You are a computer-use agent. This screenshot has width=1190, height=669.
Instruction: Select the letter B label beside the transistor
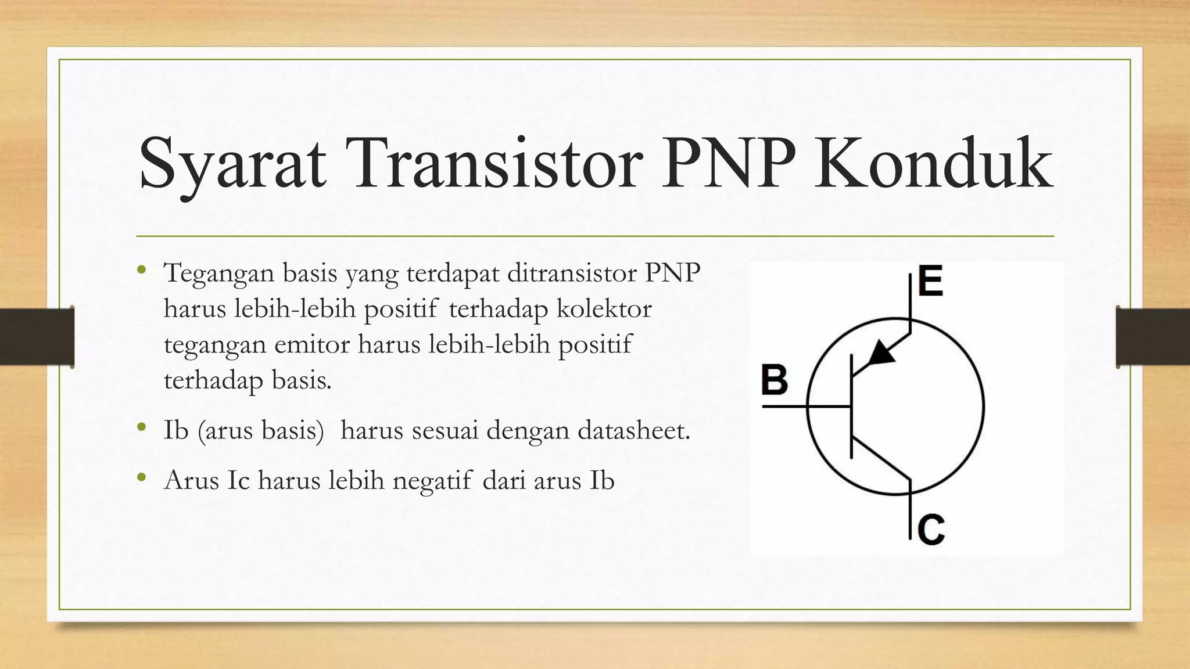point(775,380)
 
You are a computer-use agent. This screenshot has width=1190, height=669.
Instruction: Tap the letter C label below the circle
point(931,529)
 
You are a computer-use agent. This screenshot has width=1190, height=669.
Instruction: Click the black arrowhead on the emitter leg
point(883,353)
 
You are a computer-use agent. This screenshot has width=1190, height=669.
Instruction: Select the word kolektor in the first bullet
point(604,309)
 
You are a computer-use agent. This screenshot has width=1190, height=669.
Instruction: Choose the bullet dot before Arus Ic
point(141,477)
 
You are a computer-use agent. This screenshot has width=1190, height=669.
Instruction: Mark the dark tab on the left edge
point(37,337)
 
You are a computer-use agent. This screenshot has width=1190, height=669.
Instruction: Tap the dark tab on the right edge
point(1153,337)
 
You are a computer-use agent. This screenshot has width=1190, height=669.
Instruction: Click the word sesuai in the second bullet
point(445,431)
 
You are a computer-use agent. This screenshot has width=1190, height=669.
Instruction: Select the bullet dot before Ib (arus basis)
point(141,427)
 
